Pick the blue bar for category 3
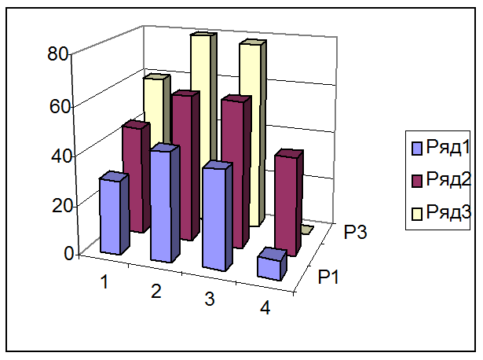pos(217,216)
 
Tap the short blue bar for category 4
pos(272,264)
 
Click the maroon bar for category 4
pos(288,203)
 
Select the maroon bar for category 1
pos(136,176)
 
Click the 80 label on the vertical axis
pos(57,54)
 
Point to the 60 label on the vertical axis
pos(60,106)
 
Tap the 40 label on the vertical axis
pos(62,156)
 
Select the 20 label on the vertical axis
pos(63,206)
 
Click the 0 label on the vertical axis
pos(69,253)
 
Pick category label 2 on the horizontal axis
pos(156,291)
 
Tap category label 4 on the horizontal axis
pos(265,307)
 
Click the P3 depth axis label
pos(355,232)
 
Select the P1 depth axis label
pos(328,277)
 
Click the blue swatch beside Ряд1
pos(417,149)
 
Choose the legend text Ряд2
pos(448,179)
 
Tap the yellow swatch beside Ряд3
pos(417,214)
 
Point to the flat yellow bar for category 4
pos(307,230)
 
